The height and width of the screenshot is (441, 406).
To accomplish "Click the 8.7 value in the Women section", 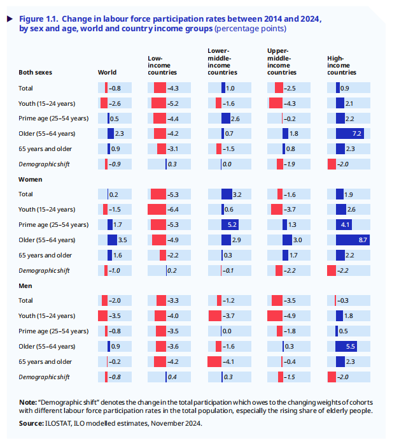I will [363, 240].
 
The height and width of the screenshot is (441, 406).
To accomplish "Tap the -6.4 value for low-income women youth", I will [172, 209].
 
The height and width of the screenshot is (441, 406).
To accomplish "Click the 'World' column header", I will [106, 73].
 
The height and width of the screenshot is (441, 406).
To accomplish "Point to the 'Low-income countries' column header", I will [162, 65].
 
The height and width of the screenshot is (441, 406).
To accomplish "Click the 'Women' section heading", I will [30, 179].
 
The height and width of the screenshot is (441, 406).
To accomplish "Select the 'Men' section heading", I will [25, 286].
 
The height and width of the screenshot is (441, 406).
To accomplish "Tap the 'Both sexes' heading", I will [34, 73].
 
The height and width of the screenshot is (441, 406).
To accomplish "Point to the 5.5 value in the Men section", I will [351, 346].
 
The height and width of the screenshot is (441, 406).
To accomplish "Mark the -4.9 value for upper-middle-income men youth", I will [289, 315].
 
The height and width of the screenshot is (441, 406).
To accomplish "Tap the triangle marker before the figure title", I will [10, 18].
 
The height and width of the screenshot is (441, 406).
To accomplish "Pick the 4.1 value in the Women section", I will [345, 224].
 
